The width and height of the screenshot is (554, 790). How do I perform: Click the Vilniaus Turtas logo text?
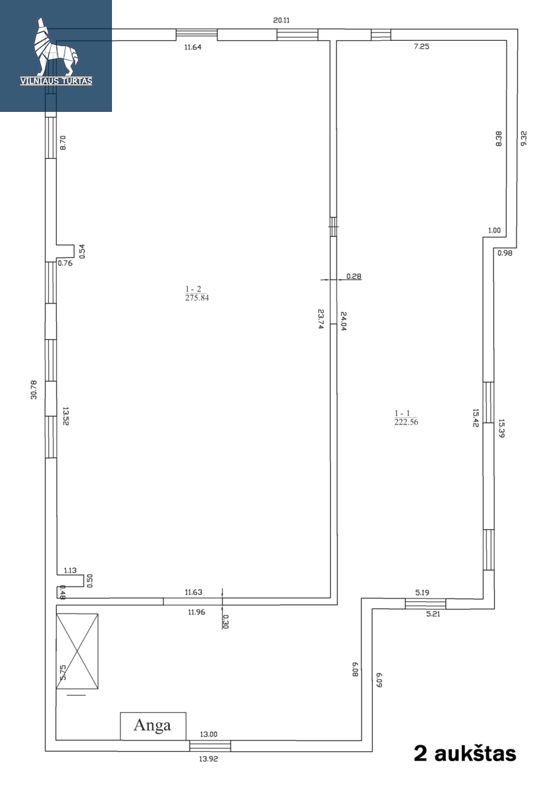tap(57, 81)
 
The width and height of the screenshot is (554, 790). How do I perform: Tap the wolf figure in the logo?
tap(56, 47)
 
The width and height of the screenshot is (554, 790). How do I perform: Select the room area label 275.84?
tap(197, 298)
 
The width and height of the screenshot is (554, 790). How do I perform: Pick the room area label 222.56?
tap(406, 422)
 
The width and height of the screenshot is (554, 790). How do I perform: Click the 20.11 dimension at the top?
tap(281, 20)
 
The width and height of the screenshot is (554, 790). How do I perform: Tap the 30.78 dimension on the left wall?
tap(34, 390)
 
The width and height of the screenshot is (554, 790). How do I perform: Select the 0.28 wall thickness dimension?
tap(354, 276)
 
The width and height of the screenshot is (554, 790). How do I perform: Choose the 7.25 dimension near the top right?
tap(422, 46)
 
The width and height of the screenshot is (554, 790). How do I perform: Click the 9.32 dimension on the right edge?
tap(524, 138)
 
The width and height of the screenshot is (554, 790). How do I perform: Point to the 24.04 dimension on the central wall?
tap(343, 321)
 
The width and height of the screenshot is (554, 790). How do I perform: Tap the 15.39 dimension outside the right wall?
tap(501, 428)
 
